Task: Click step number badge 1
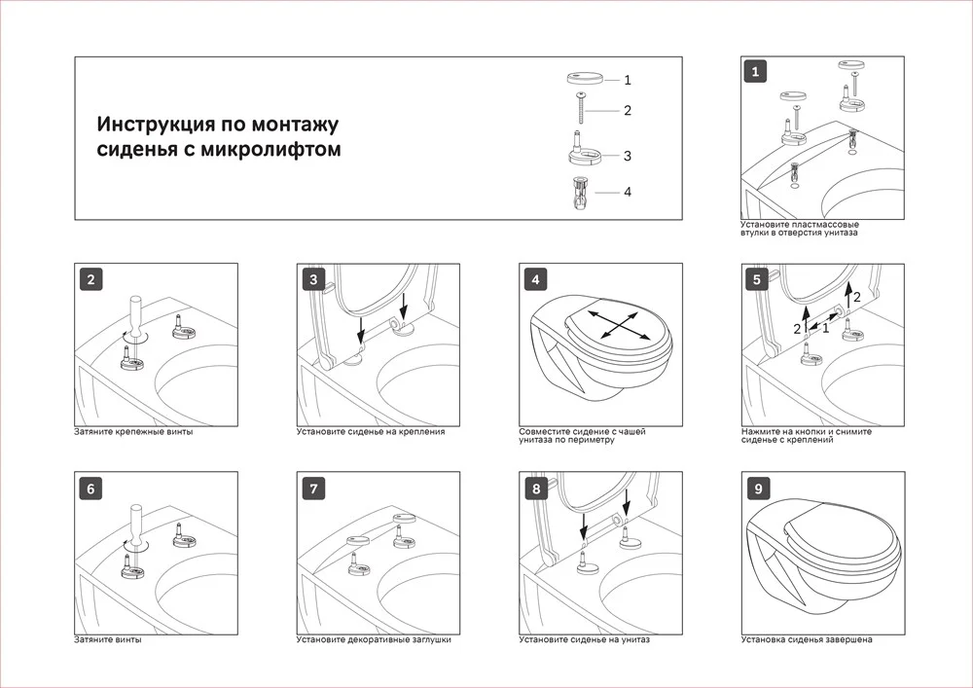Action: (x=755, y=71)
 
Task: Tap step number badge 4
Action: (x=535, y=280)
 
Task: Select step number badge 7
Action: (x=313, y=489)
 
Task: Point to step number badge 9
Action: (x=758, y=489)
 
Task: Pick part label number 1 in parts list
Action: (x=628, y=80)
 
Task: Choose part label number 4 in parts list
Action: (x=628, y=193)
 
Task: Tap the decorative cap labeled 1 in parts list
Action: (x=585, y=79)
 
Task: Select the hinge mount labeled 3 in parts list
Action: (x=585, y=149)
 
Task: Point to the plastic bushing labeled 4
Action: (x=581, y=193)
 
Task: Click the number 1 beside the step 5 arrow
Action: (x=825, y=329)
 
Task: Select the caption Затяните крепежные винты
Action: (x=133, y=432)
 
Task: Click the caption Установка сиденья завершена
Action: (x=807, y=639)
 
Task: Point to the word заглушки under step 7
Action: (x=431, y=639)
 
